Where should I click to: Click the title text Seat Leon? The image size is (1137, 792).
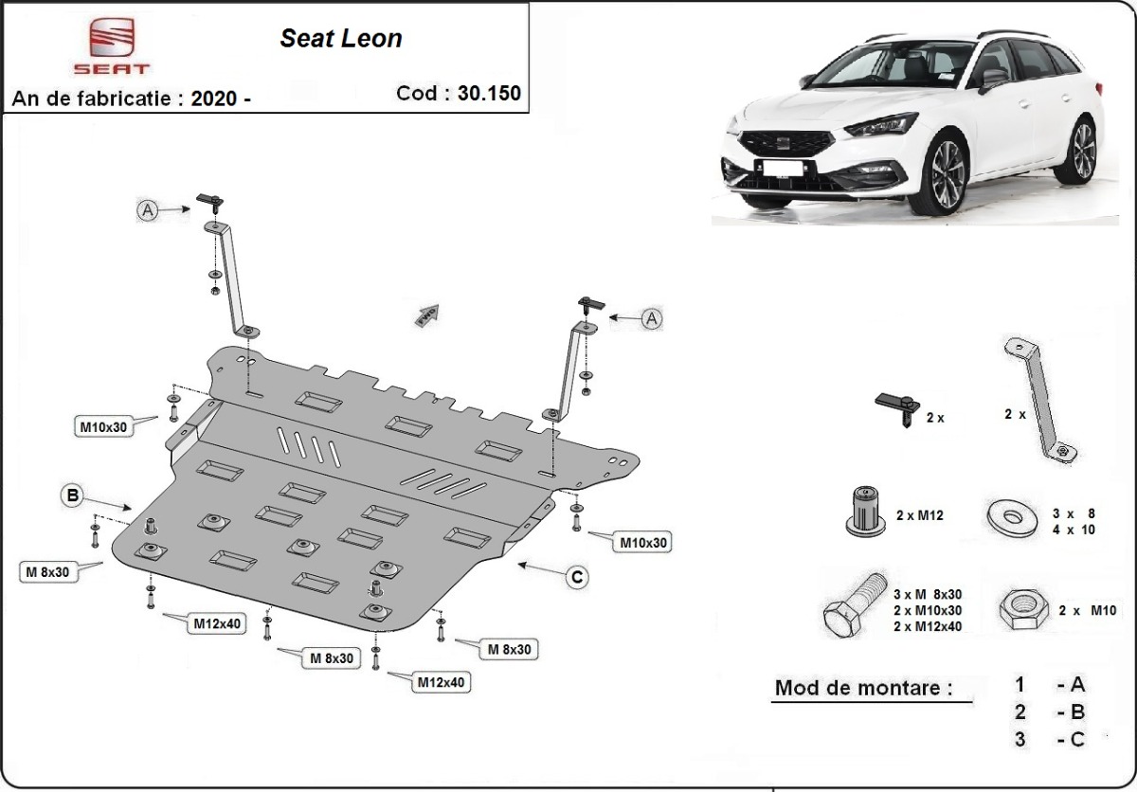(x=340, y=38)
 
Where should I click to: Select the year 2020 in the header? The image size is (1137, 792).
(x=212, y=99)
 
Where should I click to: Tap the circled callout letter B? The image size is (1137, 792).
(x=73, y=494)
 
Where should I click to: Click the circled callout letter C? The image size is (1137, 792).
(x=576, y=576)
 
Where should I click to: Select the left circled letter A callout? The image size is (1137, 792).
(x=148, y=210)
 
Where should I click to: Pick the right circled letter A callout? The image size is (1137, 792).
(x=651, y=319)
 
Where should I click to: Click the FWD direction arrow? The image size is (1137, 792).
(x=426, y=313)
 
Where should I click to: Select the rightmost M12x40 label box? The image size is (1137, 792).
(x=442, y=681)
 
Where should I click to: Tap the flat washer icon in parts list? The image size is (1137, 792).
(x=1012, y=517)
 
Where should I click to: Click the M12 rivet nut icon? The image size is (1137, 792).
(x=863, y=512)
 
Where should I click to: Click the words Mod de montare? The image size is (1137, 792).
(x=863, y=688)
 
